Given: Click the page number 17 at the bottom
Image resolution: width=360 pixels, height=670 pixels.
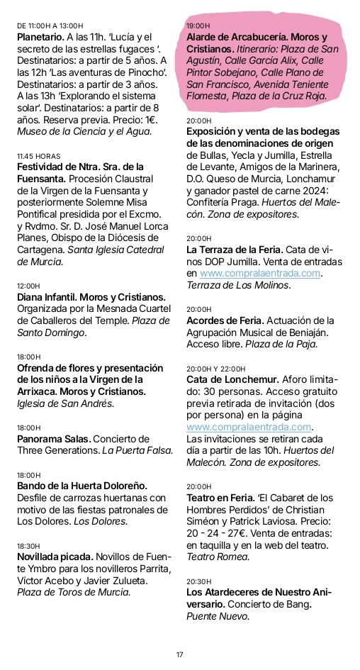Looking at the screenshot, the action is tap(179, 654).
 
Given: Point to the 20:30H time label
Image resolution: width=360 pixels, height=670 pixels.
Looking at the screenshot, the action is tap(199, 581).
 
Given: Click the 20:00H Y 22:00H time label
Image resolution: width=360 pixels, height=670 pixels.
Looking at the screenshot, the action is tap(216, 369).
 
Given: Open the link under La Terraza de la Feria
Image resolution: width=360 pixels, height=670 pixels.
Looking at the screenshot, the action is tap(260, 274).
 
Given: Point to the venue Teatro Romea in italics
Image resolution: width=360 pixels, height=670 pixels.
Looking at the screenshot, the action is tap(219, 557).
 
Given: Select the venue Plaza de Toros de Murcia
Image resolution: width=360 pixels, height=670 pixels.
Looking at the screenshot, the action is tap(74, 592).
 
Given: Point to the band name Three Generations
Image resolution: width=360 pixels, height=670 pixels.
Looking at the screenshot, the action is tap(57, 450).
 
